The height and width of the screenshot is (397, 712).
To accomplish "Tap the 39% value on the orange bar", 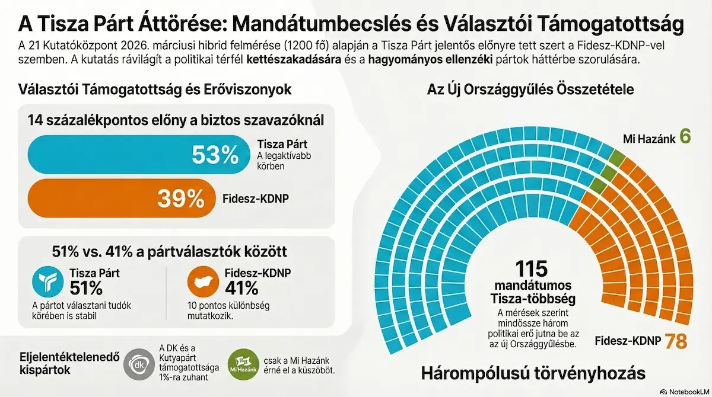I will click(180, 198).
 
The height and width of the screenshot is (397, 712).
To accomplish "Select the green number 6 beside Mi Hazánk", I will click(685, 137).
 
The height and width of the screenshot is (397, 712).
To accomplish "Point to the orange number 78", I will click(676, 341).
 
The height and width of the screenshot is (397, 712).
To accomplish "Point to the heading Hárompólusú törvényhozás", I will click(533, 374).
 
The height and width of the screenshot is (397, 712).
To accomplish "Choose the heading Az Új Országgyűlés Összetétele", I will click(530, 90).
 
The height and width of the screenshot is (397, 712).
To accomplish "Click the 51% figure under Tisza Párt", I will click(87, 289).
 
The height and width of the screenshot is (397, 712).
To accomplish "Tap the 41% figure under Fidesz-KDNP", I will click(242, 289).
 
